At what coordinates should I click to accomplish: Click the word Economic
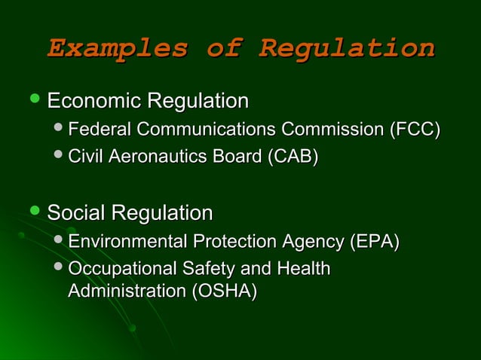(95, 100)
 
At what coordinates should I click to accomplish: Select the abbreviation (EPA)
(374, 242)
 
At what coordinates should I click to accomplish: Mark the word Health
(301, 269)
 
